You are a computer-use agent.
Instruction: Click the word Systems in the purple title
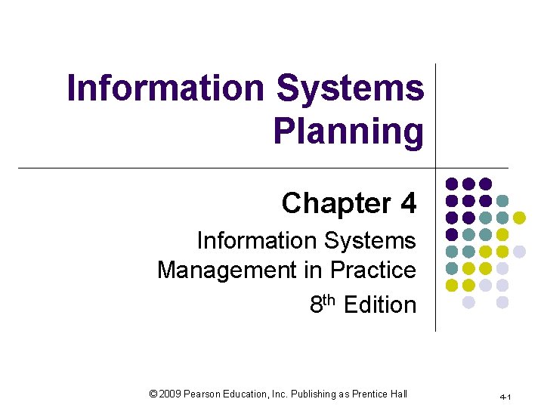(351, 88)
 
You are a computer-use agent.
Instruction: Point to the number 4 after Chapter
(408, 203)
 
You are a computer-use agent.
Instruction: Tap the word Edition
(380, 305)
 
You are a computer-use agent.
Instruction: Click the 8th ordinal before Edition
(323, 304)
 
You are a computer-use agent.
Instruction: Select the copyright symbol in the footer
(153, 394)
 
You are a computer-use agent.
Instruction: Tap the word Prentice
(368, 394)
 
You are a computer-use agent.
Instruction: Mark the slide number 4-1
(505, 397)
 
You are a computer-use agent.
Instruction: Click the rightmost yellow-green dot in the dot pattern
(520, 218)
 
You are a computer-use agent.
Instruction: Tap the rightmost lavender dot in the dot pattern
(520, 251)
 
